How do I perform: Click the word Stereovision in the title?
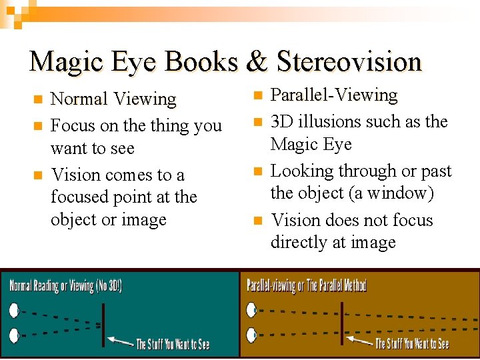tap(349, 62)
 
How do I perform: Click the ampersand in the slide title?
tap(257, 62)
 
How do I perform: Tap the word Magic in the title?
tap(64, 62)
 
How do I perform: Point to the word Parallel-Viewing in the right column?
tap(333, 96)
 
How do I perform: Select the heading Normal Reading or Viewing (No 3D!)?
tap(65, 286)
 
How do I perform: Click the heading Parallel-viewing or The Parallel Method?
tap(307, 286)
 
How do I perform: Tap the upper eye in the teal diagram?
tap(13, 311)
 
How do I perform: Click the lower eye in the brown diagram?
tap(252, 333)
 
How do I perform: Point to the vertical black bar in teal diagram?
tap(103, 325)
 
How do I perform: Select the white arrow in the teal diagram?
tap(120, 341)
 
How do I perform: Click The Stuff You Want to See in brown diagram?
tap(412, 344)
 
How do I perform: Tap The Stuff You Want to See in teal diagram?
tap(173, 344)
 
